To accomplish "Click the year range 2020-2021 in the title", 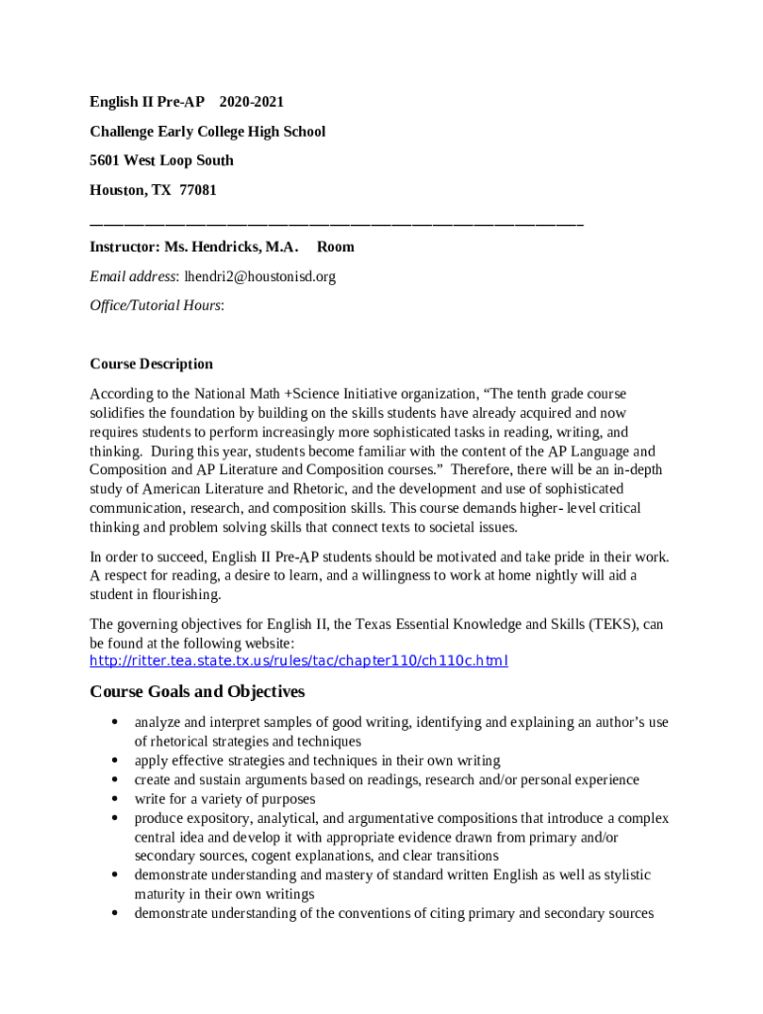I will (x=252, y=102).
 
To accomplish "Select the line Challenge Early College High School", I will (x=207, y=132).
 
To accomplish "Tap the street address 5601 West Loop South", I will (x=162, y=160).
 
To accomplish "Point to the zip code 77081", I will (x=198, y=189).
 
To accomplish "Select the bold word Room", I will (x=335, y=247).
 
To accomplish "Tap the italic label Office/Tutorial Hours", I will (x=156, y=305).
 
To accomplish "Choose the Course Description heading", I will (x=151, y=363).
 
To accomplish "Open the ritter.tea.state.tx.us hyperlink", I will (x=298, y=660).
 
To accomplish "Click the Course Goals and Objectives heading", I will (x=197, y=691).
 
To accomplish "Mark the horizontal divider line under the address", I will (x=336, y=225).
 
